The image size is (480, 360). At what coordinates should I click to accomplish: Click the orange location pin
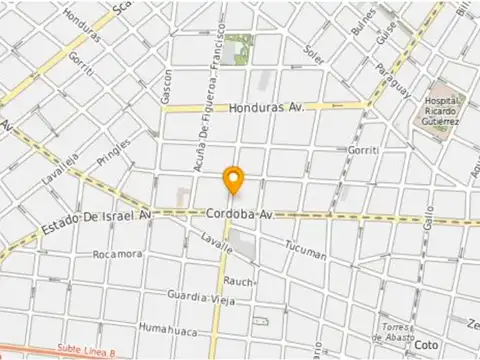tap(233, 180)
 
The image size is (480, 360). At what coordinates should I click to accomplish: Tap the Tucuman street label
tap(305, 249)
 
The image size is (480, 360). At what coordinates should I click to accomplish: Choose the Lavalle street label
tap(215, 239)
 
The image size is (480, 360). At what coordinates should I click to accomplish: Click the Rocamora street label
tap(117, 255)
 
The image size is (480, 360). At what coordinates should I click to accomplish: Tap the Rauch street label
tap(238, 281)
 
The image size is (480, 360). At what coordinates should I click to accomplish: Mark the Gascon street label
tap(167, 84)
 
